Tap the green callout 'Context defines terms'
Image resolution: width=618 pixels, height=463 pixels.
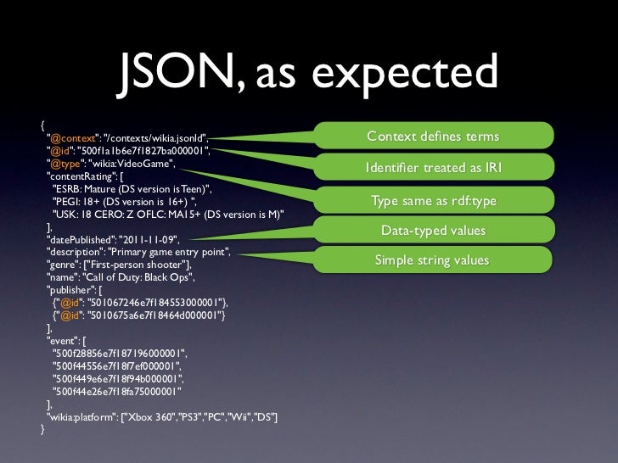[x=433, y=137]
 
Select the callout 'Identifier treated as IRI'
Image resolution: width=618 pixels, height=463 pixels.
[x=433, y=169]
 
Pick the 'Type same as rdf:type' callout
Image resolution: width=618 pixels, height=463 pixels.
[x=433, y=201]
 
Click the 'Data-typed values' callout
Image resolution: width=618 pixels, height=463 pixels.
[x=433, y=231]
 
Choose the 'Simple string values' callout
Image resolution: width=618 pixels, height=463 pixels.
[x=433, y=259]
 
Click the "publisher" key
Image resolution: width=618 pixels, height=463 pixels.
[x=70, y=289]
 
